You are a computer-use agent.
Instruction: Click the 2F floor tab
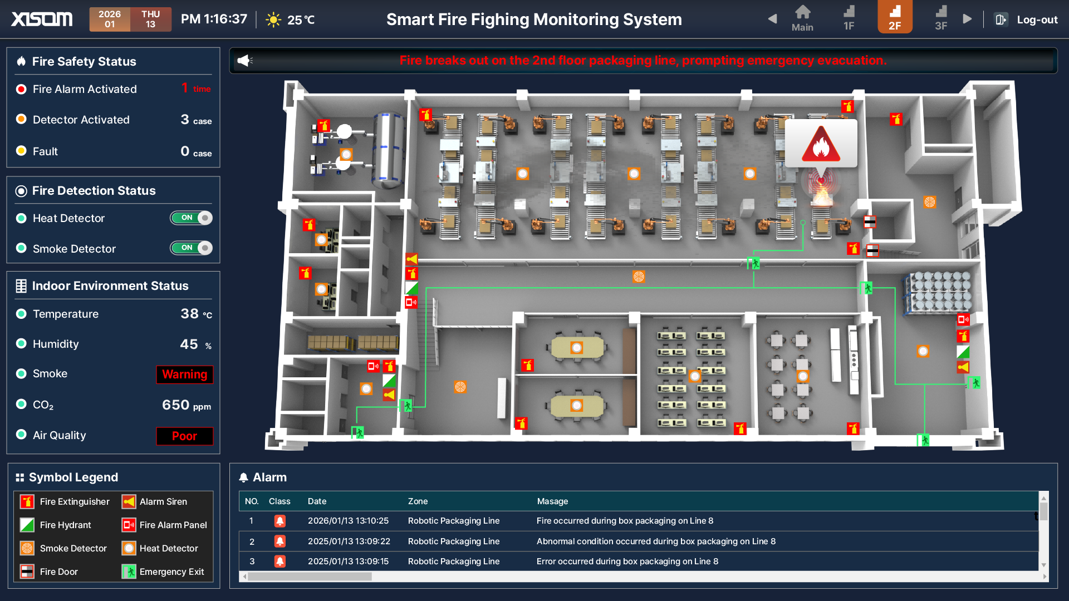point(895,17)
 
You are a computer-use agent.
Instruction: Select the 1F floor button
point(849,18)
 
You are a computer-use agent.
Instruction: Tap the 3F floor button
point(941,18)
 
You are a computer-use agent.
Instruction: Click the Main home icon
point(802,18)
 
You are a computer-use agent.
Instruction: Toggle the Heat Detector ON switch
point(191,218)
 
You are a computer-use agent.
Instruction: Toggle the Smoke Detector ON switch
point(191,248)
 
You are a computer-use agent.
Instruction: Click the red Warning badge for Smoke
point(184,375)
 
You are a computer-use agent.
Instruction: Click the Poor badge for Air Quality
point(184,436)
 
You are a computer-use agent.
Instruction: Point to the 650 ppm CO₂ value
point(186,405)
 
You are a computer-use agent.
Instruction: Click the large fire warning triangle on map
point(821,145)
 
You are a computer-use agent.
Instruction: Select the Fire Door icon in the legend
point(27,572)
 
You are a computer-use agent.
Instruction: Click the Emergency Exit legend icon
point(129,572)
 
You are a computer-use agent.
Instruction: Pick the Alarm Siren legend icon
point(129,501)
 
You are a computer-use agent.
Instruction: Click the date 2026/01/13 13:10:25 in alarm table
point(348,521)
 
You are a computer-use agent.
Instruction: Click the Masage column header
point(552,501)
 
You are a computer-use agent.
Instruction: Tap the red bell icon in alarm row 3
point(280,561)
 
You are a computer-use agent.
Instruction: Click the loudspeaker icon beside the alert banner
point(244,61)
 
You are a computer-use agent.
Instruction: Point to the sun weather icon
point(273,20)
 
